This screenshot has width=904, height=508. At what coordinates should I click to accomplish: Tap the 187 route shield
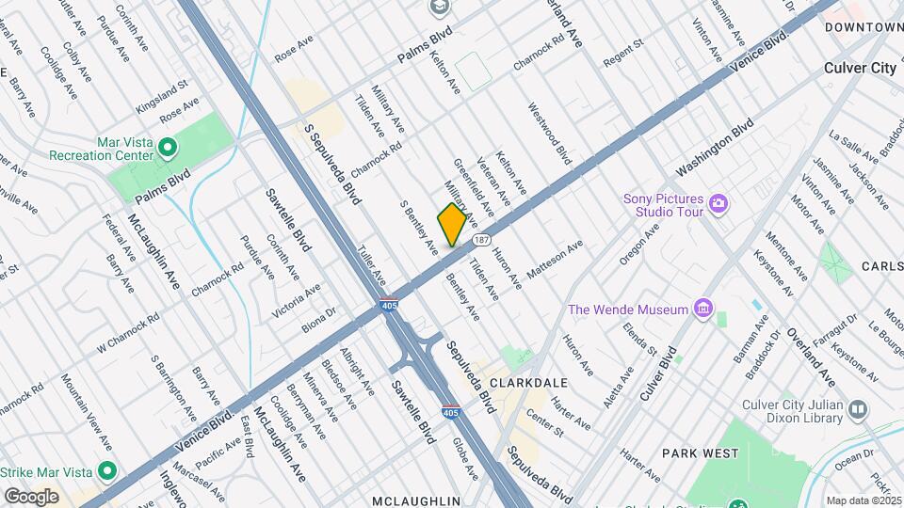click(x=481, y=240)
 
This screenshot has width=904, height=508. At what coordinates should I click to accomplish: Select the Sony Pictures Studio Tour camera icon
click(x=718, y=203)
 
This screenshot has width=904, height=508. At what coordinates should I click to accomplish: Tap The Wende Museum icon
click(x=702, y=308)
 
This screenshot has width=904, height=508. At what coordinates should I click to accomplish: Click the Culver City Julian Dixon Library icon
click(x=857, y=408)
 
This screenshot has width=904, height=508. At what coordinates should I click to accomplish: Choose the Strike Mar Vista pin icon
click(x=107, y=470)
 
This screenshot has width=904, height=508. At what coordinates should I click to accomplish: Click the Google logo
click(x=31, y=496)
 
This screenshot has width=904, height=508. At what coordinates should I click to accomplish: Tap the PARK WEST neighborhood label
click(x=700, y=453)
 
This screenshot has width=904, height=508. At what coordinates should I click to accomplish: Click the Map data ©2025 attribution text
click(x=862, y=500)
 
